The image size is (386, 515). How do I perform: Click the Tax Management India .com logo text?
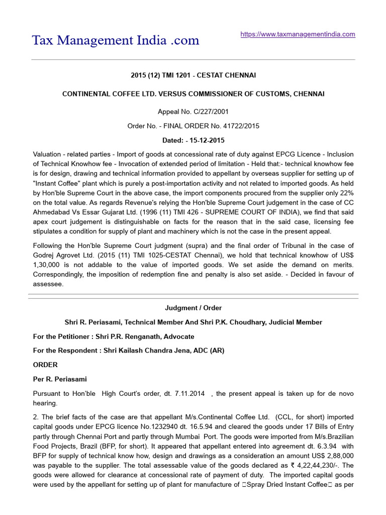(116, 40)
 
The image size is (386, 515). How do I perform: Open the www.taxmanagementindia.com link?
(298, 34)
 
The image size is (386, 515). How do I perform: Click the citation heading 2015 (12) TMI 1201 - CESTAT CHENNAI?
(193, 75)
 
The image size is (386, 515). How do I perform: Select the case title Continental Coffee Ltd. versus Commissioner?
(193, 94)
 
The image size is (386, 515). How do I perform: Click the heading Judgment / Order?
(193, 308)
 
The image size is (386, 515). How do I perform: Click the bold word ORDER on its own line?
(45, 365)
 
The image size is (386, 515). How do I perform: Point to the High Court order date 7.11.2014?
(189, 393)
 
